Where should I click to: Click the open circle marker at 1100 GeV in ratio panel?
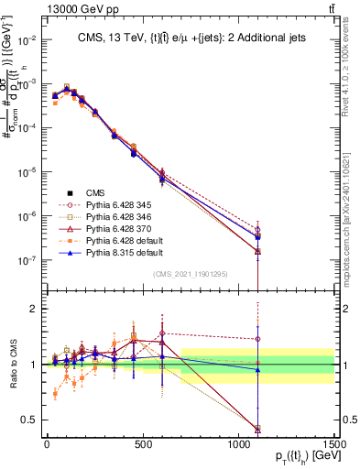[x=258, y=339]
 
